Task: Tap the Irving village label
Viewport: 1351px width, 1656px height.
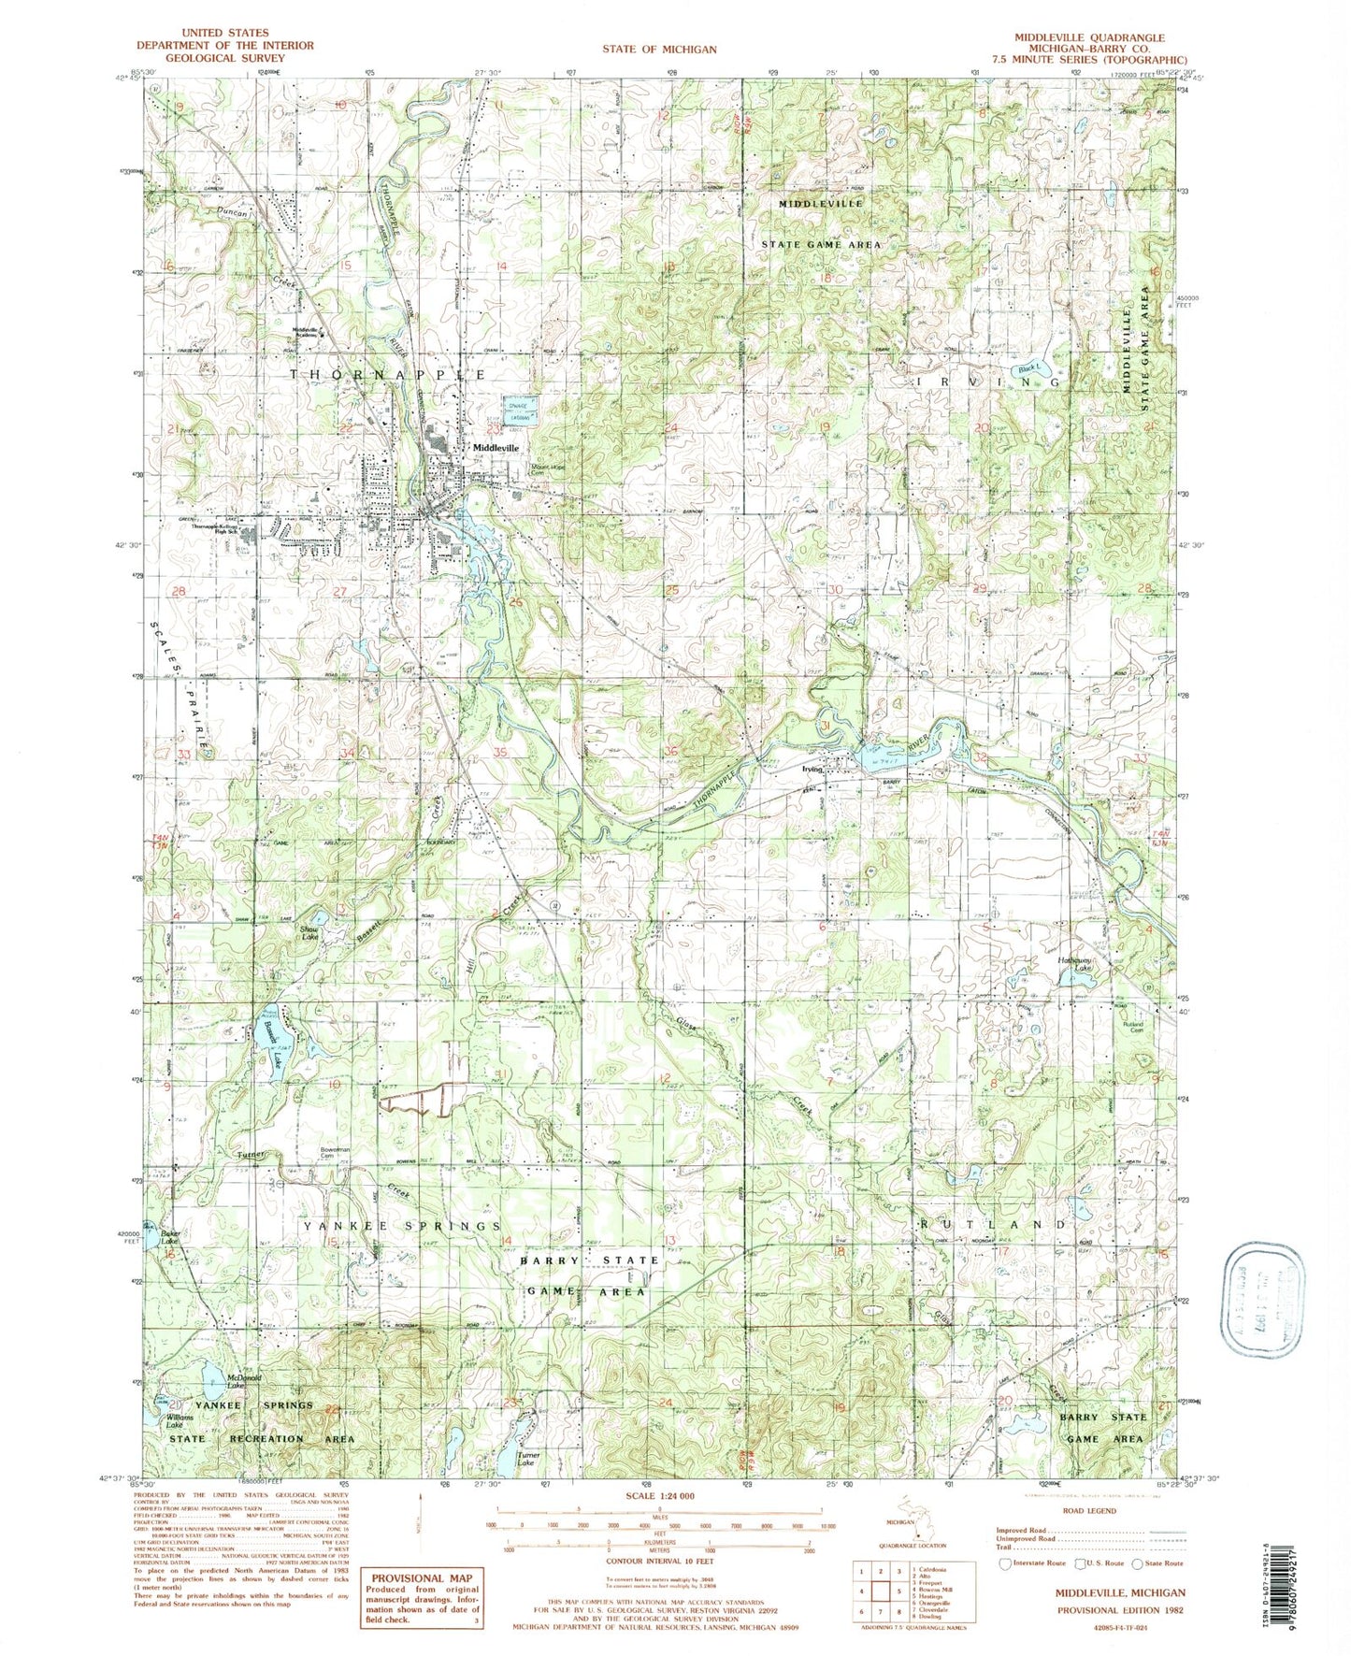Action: point(811,770)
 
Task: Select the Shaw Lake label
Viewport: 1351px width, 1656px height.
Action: point(308,932)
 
